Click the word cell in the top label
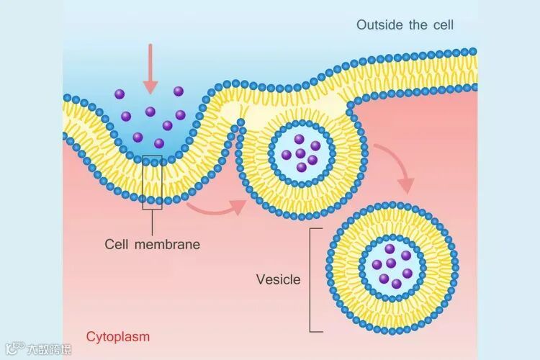click(442, 25)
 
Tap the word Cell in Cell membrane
click(117, 244)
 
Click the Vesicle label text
click(278, 279)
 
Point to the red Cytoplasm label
click(118, 336)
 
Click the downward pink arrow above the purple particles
click(150, 69)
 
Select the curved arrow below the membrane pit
click(216, 208)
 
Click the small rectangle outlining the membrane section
click(152, 183)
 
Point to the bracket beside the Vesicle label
click(312, 279)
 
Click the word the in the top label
click(418, 25)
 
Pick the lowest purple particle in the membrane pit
click(159, 143)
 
